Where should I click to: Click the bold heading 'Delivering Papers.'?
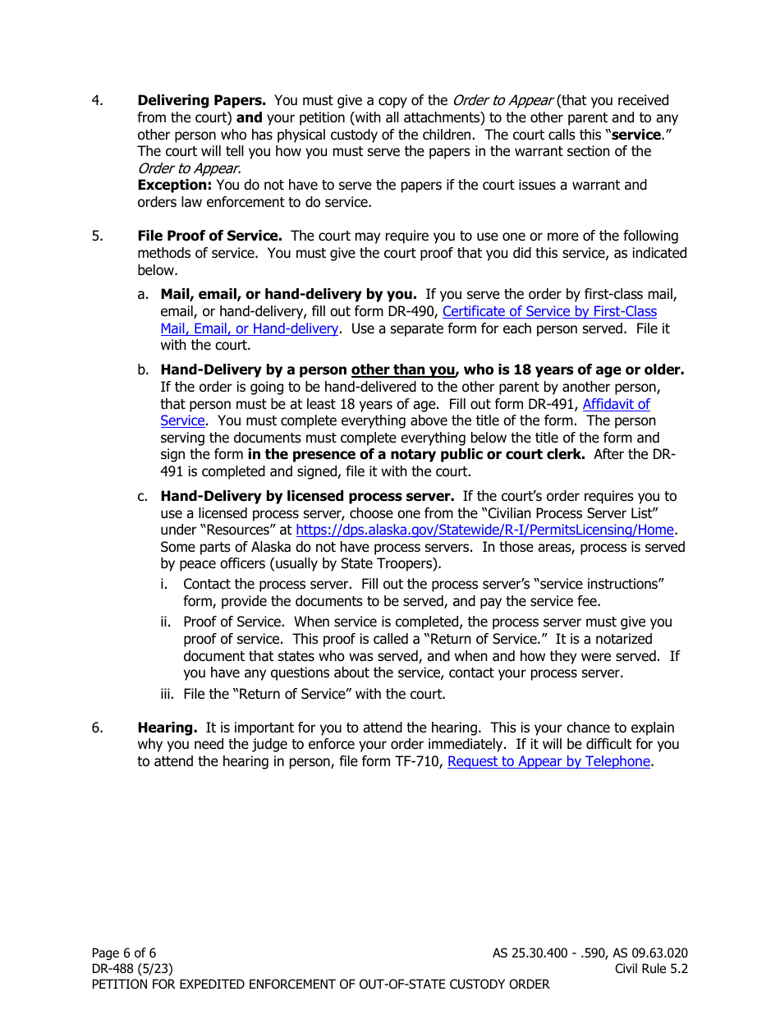[x=201, y=100]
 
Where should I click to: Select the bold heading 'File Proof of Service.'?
[x=209, y=236]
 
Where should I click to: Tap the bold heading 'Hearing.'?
[x=167, y=728]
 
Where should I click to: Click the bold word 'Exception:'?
[x=174, y=185]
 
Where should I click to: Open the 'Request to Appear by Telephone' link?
[x=548, y=761]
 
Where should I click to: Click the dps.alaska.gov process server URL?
[x=484, y=530]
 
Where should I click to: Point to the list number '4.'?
[x=97, y=100]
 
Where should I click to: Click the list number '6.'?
[x=97, y=728]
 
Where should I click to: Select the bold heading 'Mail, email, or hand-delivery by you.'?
[x=288, y=294]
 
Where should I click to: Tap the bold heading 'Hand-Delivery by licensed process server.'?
[x=307, y=496]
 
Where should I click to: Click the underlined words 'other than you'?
[x=402, y=370]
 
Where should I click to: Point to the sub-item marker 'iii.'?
[x=168, y=694]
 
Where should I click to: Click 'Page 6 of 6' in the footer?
[x=124, y=953]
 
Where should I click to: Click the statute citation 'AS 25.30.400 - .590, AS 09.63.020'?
[x=590, y=953]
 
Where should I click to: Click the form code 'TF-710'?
[x=419, y=761]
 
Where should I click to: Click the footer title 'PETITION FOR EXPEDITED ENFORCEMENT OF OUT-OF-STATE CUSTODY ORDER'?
[x=320, y=984]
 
